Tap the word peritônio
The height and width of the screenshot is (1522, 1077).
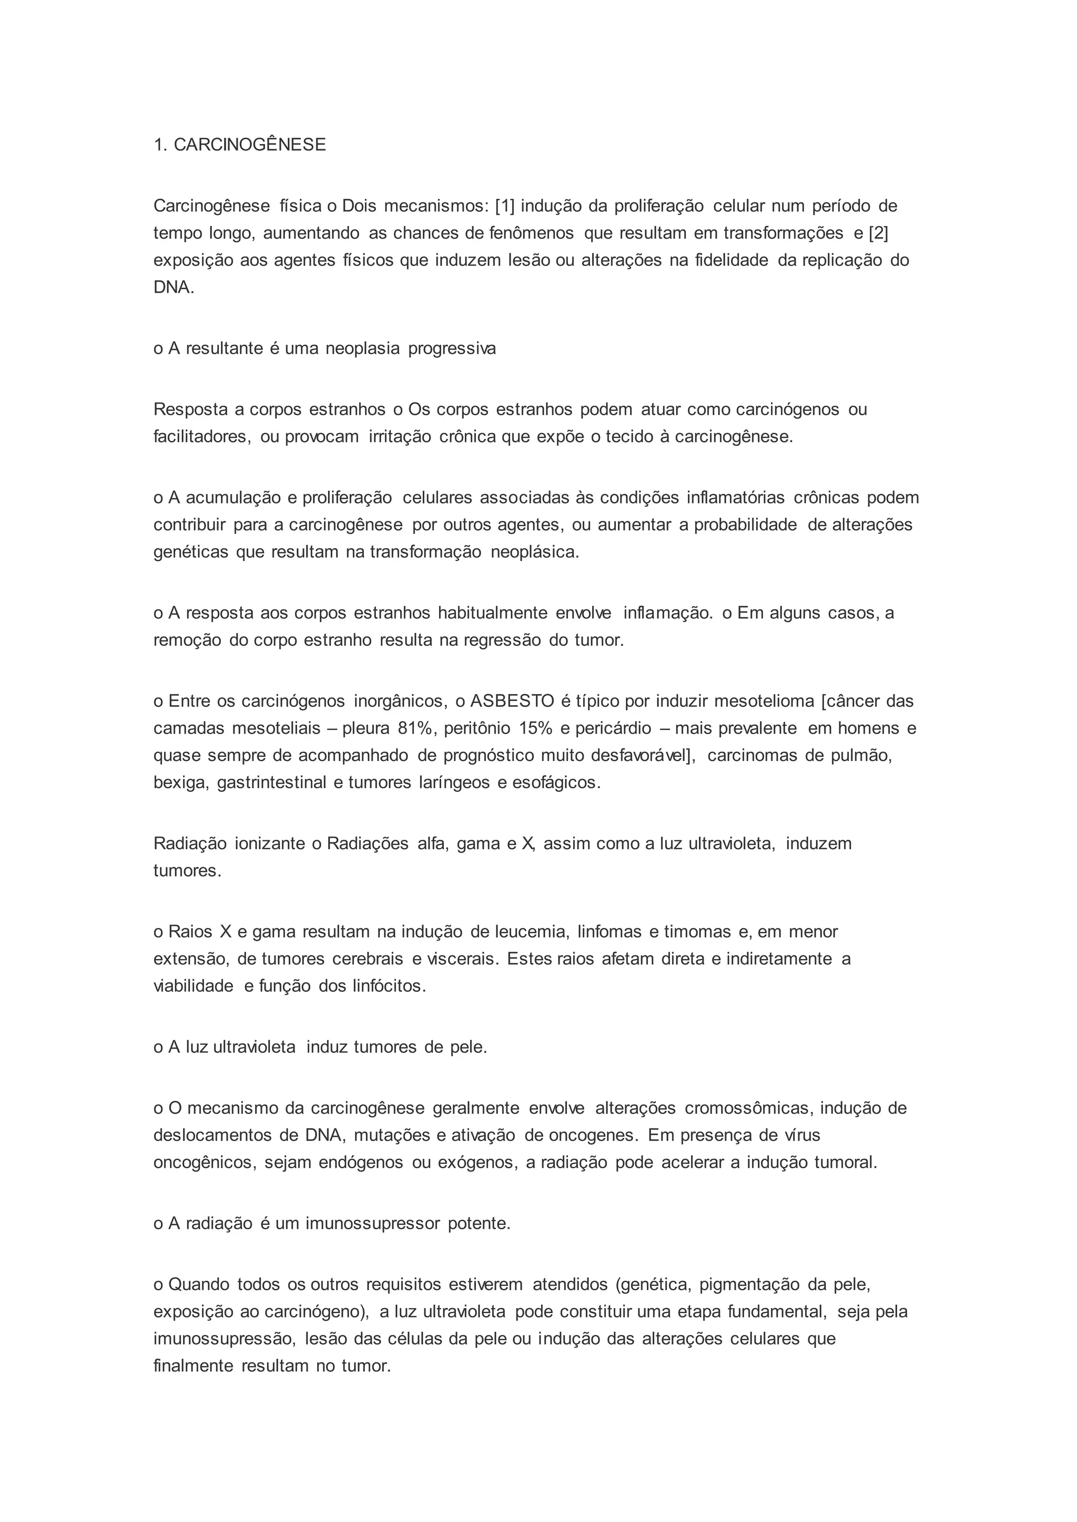(477, 728)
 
